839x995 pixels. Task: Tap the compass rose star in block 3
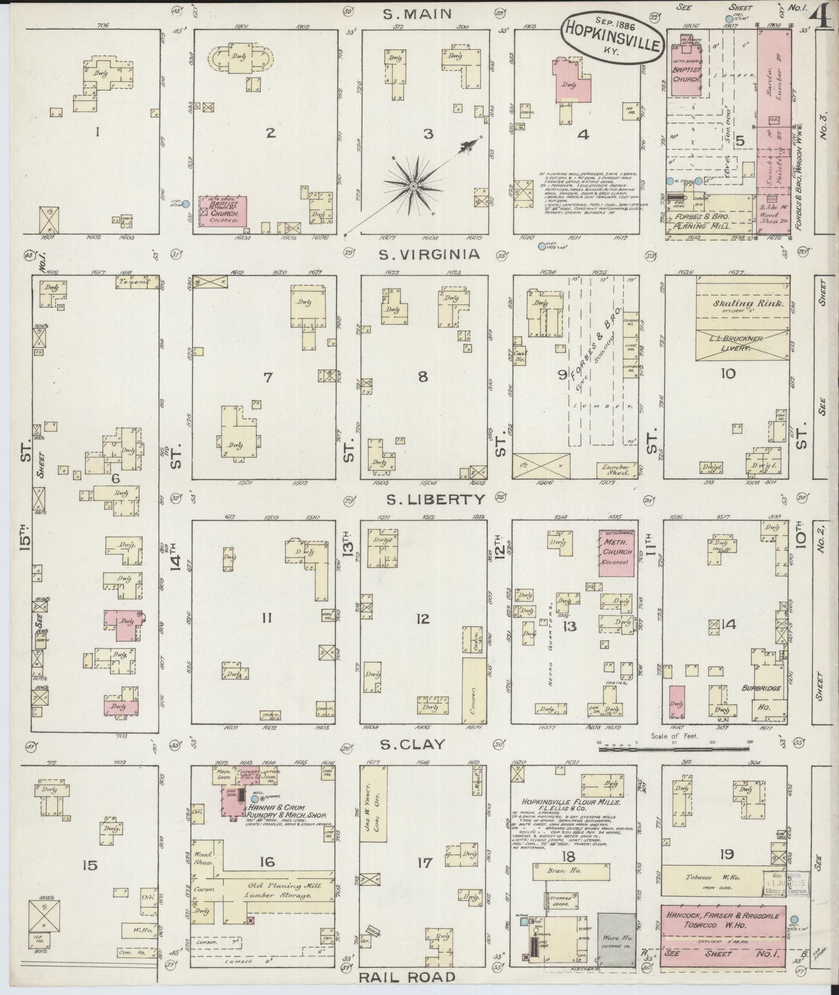pyautogui.click(x=414, y=186)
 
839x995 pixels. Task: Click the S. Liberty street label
pyautogui.click(x=436, y=500)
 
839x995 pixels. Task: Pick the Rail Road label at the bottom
pyautogui.click(x=407, y=977)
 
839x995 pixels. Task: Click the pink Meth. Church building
pyautogui.click(x=617, y=553)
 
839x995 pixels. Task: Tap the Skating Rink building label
pyautogui.click(x=741, y=304)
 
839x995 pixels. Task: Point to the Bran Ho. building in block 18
pyautogui.click(x=571, y=871)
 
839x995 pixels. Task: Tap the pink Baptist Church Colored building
pyautogui.click(x=225, y=210)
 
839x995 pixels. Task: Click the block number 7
pyautogui.click(x=267, y=377)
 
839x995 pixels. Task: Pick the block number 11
pyautogui.click(x=267, y=618)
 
